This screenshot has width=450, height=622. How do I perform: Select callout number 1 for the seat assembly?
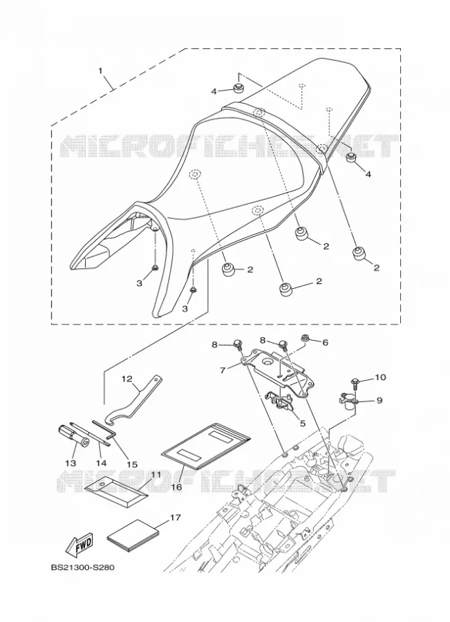(100, 71)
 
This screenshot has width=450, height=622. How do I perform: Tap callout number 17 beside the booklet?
(175, 517)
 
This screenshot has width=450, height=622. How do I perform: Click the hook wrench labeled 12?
(135, 402)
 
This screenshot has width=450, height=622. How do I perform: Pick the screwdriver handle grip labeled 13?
(74, 436)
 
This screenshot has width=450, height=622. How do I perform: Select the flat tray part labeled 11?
(117, 487)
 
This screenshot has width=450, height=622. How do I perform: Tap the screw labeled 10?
(355, 383)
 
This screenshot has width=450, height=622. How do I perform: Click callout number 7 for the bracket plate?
(223, 370)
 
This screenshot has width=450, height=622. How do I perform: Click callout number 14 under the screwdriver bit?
(101, 462)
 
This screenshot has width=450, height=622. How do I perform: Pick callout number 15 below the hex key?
(132, 464)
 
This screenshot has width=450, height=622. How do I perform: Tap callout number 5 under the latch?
(302, 423)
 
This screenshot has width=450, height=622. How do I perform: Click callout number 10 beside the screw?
(379, 377)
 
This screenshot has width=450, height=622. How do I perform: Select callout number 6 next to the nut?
(326, 342)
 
